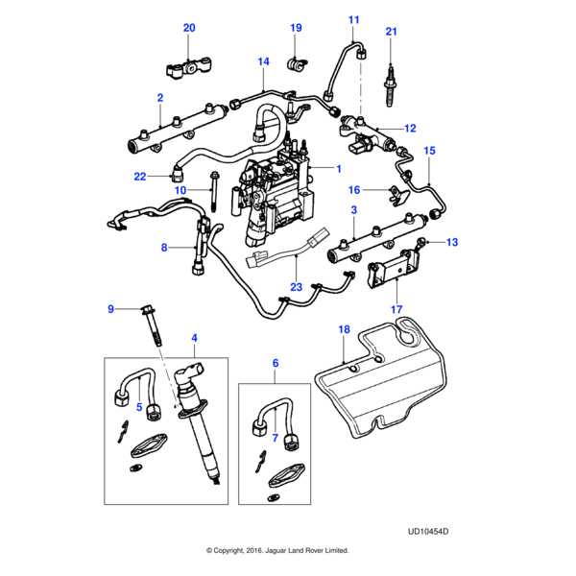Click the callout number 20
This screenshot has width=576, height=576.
pos(189,28)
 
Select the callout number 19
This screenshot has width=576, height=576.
pos(296,28)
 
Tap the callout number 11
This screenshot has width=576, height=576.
pos(353,20)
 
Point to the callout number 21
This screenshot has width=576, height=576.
pos(391,33)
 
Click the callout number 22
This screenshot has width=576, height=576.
pos(140,177)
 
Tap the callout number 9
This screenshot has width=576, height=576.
pos(110,308)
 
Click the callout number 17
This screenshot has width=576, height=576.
pos(396,309)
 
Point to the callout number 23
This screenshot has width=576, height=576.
pos(297,286)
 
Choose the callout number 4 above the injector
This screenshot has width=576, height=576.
pos(195,338)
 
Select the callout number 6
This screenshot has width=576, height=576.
pos(276,364)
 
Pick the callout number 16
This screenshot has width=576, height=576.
pos(354,190)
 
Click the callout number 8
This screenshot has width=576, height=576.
pos(164,248)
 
